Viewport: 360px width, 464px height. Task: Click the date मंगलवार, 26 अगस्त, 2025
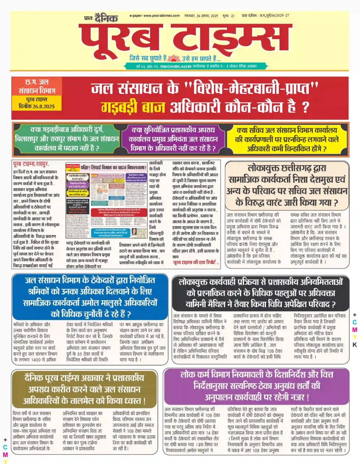[201, 16]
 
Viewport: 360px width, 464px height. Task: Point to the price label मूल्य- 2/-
[229, 16]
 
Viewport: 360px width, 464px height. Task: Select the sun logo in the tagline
[174, 58]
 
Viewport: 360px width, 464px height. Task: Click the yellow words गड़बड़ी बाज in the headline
[133, 107]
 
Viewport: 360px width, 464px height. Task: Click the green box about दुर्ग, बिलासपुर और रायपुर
[67, 139]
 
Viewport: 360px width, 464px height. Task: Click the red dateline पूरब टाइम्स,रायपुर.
[31, 164]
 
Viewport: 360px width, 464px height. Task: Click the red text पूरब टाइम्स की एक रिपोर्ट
[196, 262]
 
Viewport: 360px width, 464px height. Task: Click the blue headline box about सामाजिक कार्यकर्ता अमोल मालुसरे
[90, 297]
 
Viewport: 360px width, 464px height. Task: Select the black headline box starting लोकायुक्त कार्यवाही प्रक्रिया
[261, 293]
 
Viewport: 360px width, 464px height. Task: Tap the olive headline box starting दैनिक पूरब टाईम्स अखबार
[84, 389]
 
